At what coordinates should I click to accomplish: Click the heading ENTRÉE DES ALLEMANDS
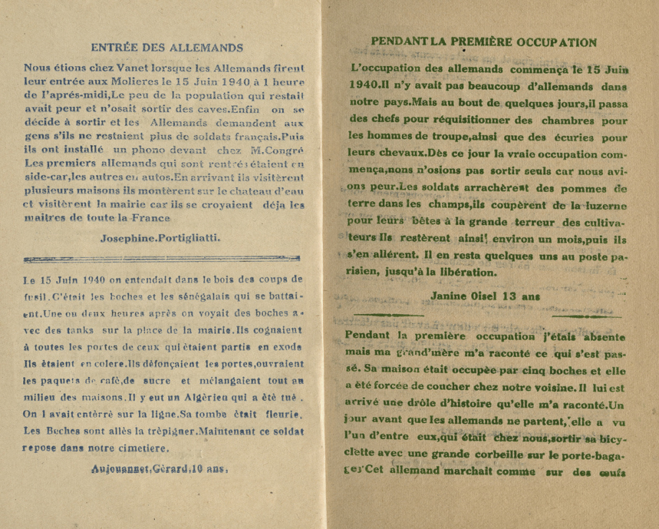tap(167, 47)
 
